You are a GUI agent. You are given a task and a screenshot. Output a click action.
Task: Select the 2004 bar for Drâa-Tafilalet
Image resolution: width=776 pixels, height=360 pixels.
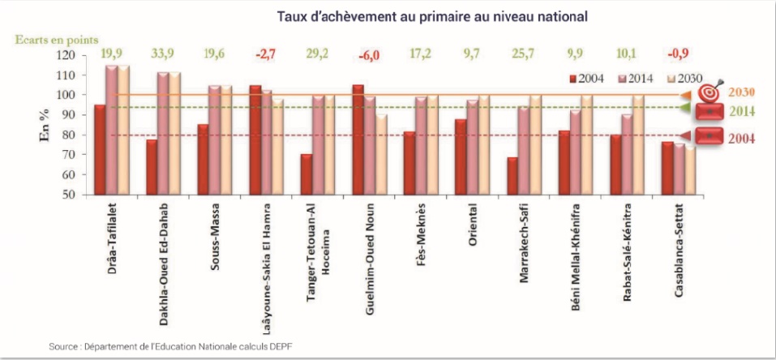click(100, 150)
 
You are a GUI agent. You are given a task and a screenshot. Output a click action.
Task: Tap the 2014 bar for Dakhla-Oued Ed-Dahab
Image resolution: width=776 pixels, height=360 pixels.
click(164, 134)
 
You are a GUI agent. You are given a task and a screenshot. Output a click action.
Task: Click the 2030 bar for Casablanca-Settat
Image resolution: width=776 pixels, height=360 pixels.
click(690, 171)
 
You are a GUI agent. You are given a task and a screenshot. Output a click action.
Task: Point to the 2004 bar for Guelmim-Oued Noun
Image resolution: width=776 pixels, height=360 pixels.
click(358, 139)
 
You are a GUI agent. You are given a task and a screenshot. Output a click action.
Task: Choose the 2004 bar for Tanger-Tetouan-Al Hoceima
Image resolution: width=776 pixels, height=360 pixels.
click(307, 174)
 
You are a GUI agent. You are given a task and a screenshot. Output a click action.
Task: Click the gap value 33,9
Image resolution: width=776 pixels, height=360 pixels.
click(164, 54)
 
